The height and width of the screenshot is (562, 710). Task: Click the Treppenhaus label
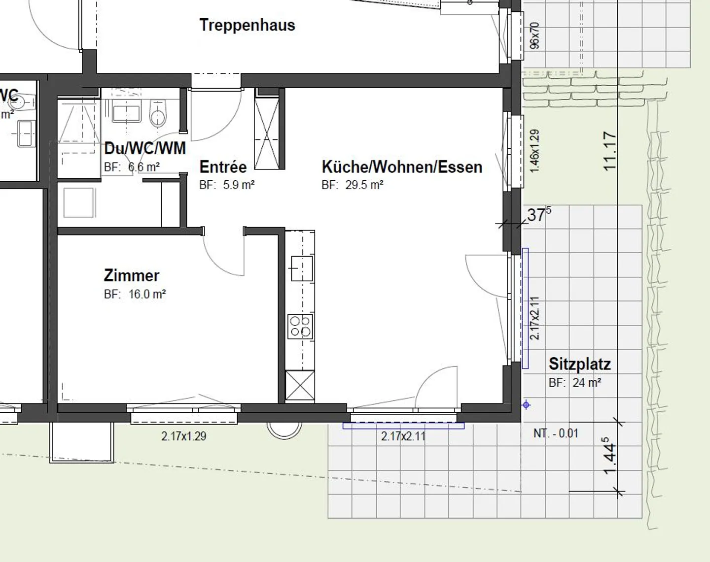point(247,25)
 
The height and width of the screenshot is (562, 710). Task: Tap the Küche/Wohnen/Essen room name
point(402,167)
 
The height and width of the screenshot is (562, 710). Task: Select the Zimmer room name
point(132,275)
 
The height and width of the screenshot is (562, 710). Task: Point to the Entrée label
point(223,167)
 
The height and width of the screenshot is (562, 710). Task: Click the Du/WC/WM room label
point(145,148)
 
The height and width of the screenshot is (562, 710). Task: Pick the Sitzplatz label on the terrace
point(580,364)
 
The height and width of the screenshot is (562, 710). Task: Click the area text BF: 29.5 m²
point(353,185)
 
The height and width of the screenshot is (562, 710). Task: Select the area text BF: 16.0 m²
point(135,294)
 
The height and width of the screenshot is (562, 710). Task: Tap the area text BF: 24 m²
point(575,383)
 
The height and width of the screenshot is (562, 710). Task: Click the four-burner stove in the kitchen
point(300,327)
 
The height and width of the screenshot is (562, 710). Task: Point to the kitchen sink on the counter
point(301,268)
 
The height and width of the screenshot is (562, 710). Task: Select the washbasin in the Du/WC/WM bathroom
point(127,112)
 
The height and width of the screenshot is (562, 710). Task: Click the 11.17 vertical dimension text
point(610,151)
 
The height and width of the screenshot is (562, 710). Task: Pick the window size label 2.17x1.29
point(183,436)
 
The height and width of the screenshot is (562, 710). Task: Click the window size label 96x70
point(534,35)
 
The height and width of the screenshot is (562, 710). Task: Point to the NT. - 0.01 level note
point(556,433)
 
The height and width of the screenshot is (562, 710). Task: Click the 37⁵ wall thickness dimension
point(538,215)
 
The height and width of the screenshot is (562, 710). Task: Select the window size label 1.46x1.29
point(534,151)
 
